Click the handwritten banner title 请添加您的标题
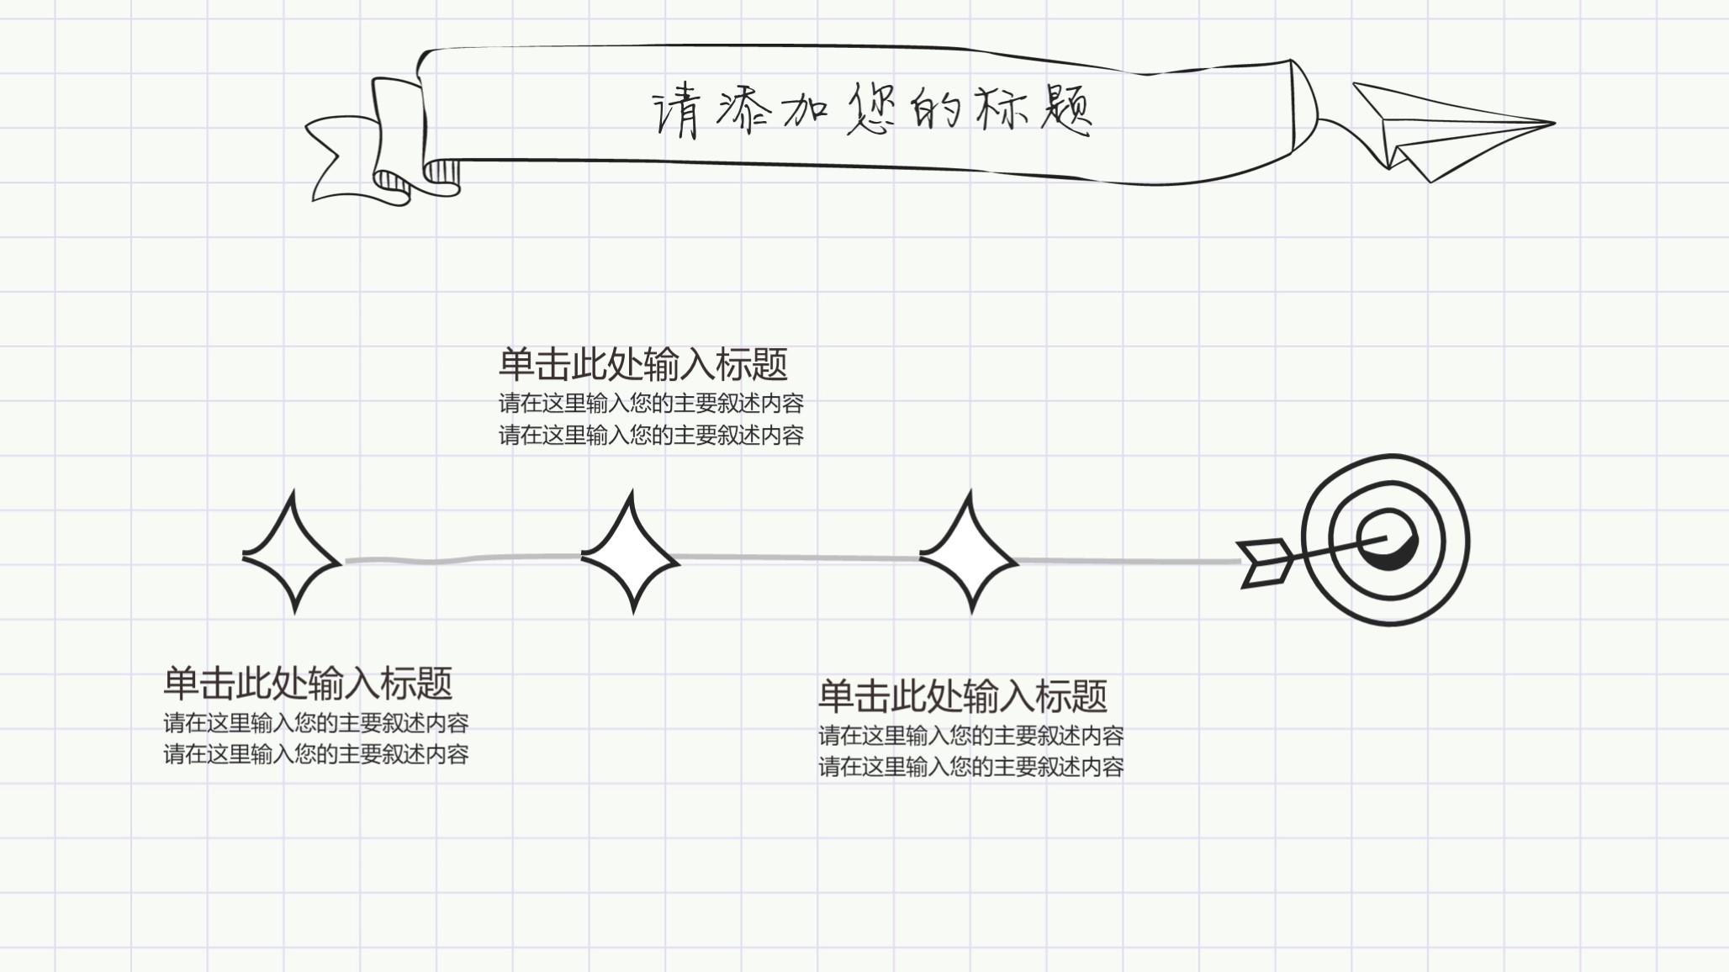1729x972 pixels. pyautogui.click(x=872, y=110)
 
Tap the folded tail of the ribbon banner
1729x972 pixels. pyautogui.click(x=353, y=160)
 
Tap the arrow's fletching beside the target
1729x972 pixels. pyautogui.click(x=1266, y=562)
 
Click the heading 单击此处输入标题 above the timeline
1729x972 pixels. pyautogui.click(x=643, y=365)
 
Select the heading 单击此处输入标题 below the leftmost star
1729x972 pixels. pyautogui.click(x=308, y=684)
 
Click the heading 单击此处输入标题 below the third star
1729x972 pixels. pyautogui.click(x=963, y=696)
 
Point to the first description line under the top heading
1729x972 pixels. pyautogui.click(x=651, y=404)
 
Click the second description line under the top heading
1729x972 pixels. pyautogui.click(x=651, y=436)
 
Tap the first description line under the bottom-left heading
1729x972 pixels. pyautogui.click(x=315, y=723)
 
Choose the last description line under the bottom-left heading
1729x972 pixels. pyautogui.click(x=315, y=754)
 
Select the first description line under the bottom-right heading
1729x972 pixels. pyautogui.click(x=971, y=736)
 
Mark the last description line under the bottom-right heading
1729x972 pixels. pyautogui.click(x=971, y=767)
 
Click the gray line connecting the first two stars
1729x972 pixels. pyautogui.click(x=463, y=559)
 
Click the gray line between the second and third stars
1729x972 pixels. pyautogui.click(x=799, y=557)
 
